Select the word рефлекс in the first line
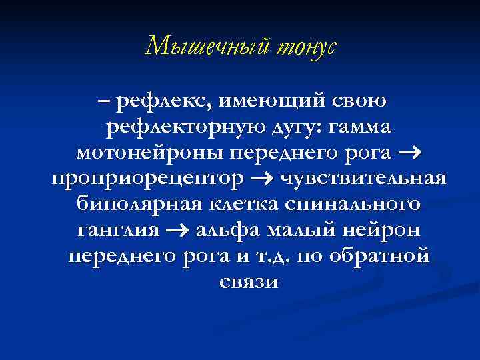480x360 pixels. pyautogui.click(x=159, y=102)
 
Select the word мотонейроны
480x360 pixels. pyautogui.click(x=151, y=153)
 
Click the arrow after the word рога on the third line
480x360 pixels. pyautogui.click(x=411, y=154)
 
